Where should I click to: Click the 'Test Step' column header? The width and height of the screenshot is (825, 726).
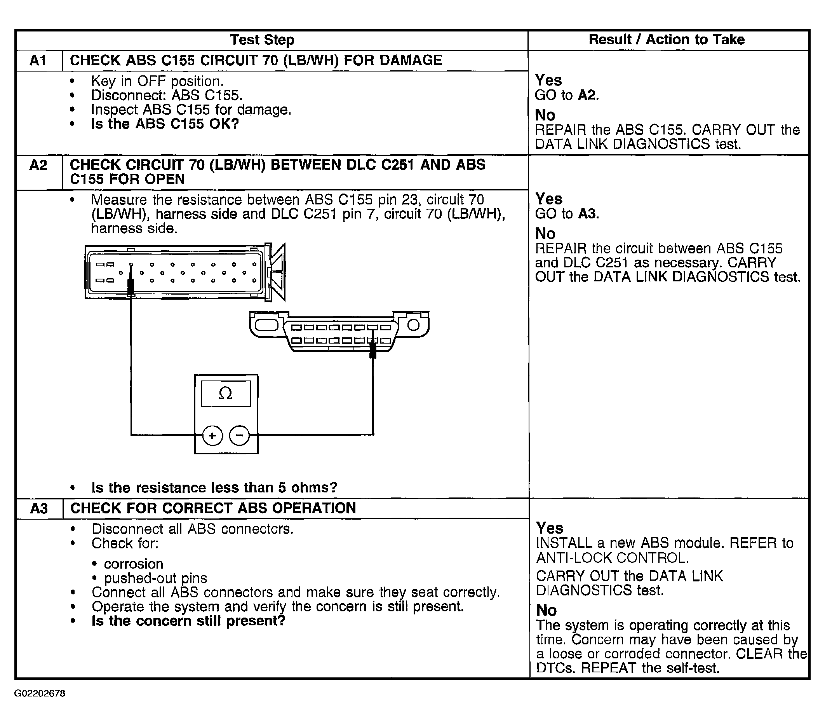pyautogui.click(x=262, y=40)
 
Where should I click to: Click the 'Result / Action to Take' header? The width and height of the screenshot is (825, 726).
pyautogui.click(x=667, y=40)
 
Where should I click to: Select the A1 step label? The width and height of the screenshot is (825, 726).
pyautogui.click(x=38, y=61)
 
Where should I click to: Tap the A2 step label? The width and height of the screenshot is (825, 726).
pyautogui.click(x=38, y=166)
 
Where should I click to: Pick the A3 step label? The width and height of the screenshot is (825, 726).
pyautogui.click(x=39, y=508)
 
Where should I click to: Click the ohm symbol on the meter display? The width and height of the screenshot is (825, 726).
pyautogui.click(x=225, y=393)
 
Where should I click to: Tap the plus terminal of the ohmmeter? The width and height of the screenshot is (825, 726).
pyautogui.click(x=212, y=436)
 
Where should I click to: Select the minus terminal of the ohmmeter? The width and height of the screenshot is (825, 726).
pyautogui.click(x=239, y=436)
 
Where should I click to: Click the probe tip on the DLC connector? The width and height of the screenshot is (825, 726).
pyautogui.click(x=373, y=347)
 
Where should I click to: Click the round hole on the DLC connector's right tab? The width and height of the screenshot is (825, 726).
pyautogui.click(x=414, y=325)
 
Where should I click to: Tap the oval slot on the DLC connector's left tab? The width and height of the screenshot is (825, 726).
pyautogui.click(x=266, y=325)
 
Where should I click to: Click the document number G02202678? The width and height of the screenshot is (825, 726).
pyautogui.click(x=40, y=693)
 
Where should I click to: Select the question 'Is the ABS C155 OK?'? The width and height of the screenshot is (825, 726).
pyautogui.click(x=165, y=124)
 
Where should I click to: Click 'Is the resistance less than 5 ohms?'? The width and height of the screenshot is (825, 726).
pyautogui.click(x=214, y=488)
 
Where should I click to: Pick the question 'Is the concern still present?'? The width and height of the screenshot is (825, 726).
pyautogui.click(x=188, y=621)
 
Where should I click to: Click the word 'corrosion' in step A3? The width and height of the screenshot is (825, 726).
pyautogui.click(x=134, y=564)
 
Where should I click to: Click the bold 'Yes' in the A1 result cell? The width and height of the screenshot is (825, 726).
pyautogui.click(x=548, y=80)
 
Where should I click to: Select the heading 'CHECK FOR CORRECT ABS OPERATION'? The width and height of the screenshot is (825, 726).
pyautogui.click(x=213, y=508)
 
